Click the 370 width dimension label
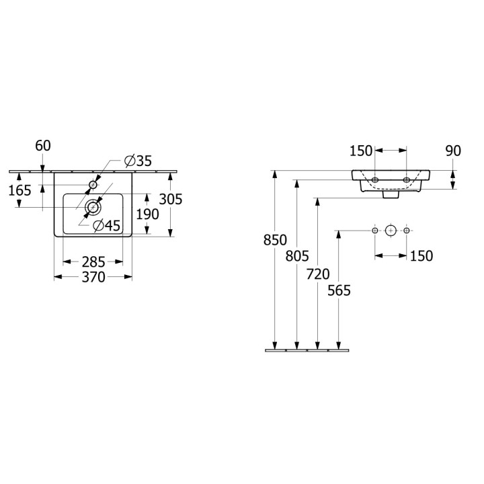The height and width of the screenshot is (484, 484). coord(93,277)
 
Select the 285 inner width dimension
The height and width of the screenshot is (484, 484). coord(93,262)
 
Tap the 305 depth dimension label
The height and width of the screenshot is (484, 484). coord(171,199)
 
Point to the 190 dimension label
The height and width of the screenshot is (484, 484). coord(147,214)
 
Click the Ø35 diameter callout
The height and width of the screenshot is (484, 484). coord(138,161)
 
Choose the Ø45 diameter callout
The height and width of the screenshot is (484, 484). coord(107,226)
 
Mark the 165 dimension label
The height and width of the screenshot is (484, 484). coord(19,190)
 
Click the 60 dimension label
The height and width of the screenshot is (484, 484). coord(43,146)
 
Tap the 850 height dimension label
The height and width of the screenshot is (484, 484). coord(275,240)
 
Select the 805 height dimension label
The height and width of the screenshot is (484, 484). coord(297,256)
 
